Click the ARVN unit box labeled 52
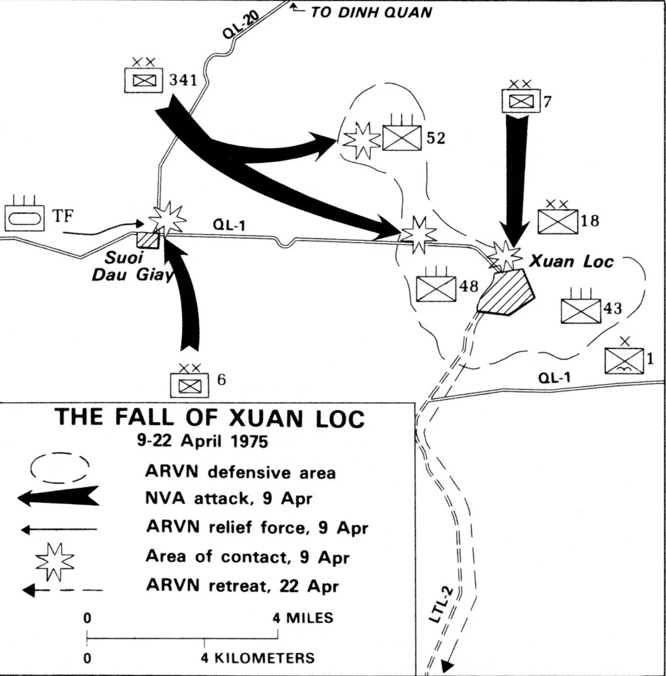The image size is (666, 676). (402, 138)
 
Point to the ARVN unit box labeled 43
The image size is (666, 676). (581, 311)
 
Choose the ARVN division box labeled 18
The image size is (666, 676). (557, 222)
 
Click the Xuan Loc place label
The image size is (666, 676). (571, 261)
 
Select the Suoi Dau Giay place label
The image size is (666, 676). (130, 266)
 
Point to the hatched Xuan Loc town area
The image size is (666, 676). (506, 293)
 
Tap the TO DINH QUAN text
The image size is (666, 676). (371, 12)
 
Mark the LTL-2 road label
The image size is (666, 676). (441, 605)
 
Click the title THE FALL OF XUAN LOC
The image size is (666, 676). (210, 418)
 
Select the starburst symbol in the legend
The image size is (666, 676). (55, 562)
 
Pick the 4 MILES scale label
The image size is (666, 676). (303, 618)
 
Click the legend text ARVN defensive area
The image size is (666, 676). (240, 472)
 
